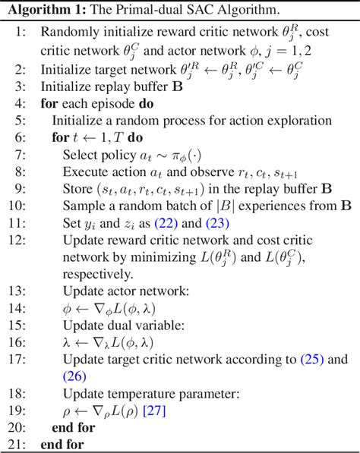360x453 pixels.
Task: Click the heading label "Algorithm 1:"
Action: pos(41,10)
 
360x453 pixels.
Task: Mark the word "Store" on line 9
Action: pos(78,190)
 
